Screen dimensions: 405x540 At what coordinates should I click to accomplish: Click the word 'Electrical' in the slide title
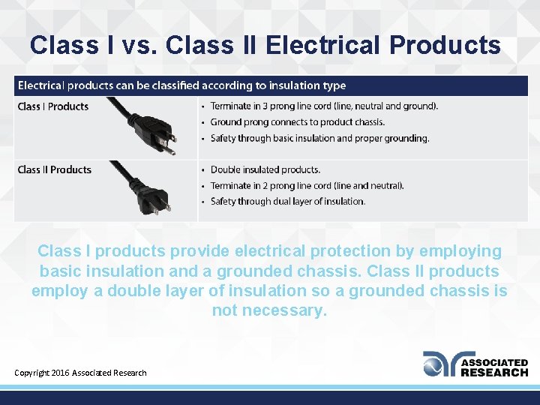323,46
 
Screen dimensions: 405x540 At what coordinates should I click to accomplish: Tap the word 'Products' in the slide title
445,46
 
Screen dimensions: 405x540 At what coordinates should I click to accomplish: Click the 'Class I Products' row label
53,106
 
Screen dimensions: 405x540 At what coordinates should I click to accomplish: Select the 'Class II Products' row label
55,169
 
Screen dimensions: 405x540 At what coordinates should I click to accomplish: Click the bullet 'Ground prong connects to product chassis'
298,122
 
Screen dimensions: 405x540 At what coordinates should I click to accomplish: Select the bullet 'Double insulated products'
265,169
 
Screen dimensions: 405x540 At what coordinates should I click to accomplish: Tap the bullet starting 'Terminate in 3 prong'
324,106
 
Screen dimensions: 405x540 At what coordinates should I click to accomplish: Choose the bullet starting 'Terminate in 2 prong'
307,185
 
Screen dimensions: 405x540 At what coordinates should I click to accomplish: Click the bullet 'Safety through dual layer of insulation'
288,201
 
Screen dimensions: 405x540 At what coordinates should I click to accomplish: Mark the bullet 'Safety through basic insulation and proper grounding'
320,138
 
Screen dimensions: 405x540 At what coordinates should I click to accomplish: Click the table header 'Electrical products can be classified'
181,85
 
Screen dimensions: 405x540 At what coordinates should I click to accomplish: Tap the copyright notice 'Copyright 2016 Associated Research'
81,373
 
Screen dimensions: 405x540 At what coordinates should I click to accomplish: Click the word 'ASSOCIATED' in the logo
493,362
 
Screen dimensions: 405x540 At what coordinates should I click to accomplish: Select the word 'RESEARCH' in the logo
493,372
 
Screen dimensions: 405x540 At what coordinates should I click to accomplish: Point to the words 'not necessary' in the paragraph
269,310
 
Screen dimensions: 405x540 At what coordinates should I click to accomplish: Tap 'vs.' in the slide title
136,46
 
